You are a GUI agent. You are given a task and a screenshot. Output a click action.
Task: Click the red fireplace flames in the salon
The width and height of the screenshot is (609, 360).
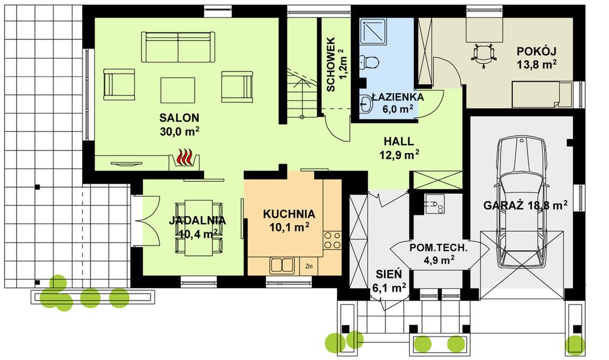tap(184, 157)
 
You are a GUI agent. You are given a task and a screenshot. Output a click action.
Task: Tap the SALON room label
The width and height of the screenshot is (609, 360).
tap(179, 118)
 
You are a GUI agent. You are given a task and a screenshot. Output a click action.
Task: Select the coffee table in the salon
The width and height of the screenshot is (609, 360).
tap(178, 91)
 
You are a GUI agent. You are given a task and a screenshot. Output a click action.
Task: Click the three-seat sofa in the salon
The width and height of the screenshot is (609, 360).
tap(178, 47)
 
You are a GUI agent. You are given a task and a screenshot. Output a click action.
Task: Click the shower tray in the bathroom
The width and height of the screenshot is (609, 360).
tap(373, 31)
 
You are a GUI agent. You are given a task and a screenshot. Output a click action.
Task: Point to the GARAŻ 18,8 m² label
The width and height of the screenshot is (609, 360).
tap(525, 205)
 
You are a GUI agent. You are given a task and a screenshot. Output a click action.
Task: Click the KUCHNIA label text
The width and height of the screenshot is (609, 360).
tap(289, 214)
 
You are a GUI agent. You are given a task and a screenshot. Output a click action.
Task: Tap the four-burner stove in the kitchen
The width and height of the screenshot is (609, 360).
tap(332, 240)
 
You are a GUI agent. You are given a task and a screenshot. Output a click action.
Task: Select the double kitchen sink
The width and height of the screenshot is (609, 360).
tap(283, 266)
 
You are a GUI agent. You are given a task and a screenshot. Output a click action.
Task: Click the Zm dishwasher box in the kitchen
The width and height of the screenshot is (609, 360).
tap(309, 266)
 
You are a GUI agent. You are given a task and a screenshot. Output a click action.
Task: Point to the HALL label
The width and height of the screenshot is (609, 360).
tap(399, 142)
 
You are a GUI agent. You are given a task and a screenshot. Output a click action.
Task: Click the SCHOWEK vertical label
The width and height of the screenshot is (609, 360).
tap(331, 64)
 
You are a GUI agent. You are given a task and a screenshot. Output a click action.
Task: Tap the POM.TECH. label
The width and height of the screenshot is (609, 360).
tap(439, 248)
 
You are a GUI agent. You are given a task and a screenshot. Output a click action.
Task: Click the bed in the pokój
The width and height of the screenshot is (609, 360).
tap(542, 94)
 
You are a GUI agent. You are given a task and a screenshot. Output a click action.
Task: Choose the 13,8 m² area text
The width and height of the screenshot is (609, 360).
tap(536, 64)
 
